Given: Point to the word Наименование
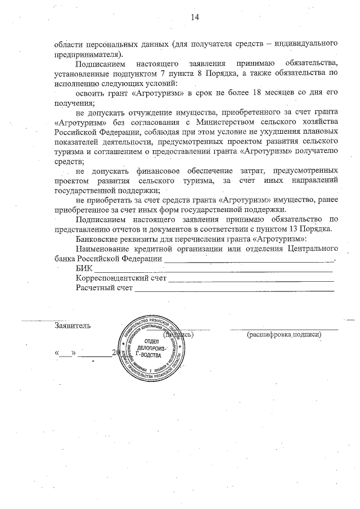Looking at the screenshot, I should click(x=104, y=250).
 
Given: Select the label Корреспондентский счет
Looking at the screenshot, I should click(x=121, y=279).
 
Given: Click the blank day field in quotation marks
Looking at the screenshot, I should click(x=66, y=355).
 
